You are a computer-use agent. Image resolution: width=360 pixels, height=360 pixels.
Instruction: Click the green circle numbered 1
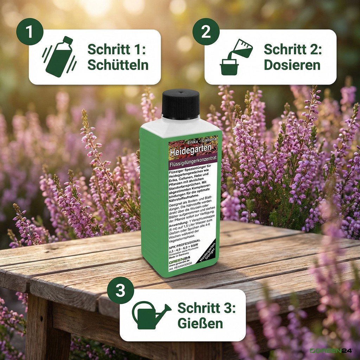[x=30, y=31]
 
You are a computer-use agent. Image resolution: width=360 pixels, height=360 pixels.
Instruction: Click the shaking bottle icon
[x=59, y=57]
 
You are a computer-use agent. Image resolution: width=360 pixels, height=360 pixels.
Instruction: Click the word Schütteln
[x=117, y=65]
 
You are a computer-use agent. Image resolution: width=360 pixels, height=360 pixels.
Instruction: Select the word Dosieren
[x=292, y=65]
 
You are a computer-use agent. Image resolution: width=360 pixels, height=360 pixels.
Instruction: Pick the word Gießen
[x=200, y=323]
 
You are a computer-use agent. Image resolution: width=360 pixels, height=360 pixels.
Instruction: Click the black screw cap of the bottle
[x=180, y=104]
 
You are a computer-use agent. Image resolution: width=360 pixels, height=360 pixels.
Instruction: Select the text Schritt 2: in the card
[x=292, y=49]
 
